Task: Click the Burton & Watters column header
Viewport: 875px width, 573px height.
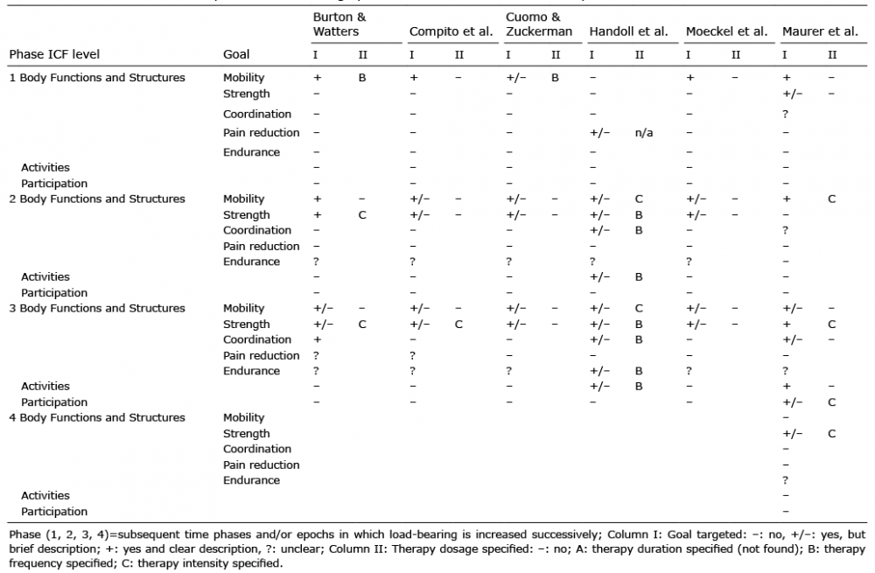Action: point(339,24)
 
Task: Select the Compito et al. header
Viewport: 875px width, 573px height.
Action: point(451,31)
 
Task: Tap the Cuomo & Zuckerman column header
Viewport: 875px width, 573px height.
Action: point(538,24)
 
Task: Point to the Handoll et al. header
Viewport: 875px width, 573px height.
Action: point(628,31)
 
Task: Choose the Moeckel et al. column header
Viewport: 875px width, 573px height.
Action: point(726,31)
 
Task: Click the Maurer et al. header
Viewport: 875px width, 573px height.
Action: point(820,31)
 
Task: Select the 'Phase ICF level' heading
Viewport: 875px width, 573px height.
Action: point(54,55)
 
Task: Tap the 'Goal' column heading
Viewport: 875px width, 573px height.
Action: point(236,55)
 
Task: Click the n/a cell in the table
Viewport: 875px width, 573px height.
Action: point(643,133)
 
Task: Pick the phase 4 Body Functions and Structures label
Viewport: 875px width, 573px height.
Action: point(97,418)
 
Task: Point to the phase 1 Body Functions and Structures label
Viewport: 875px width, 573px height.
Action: point(97,78)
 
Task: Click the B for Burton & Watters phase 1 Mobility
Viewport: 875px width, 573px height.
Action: point(362,78)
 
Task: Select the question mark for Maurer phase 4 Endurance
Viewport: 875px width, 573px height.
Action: point(785,480)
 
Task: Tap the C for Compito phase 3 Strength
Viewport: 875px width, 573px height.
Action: point(458,325)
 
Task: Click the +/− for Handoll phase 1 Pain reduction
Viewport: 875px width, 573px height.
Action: point(599,133)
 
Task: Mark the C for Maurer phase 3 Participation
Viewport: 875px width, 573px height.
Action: point(831,402)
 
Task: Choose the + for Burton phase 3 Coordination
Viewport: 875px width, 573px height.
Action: point(318,339)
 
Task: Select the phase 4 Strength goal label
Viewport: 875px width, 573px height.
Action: point(246,434)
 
